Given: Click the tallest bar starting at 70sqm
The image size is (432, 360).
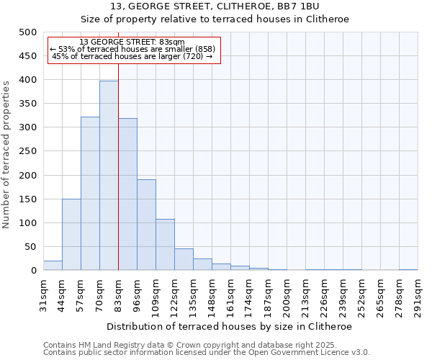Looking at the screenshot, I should [x=109, y=176].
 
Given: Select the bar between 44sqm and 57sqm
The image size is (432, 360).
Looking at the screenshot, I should [x=71, y=235].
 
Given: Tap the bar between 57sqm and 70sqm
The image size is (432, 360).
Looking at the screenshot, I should [x=90, y=194].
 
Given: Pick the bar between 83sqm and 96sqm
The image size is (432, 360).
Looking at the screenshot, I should [x=127, y=194].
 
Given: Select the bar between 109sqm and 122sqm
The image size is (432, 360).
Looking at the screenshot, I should [x=165, y=245].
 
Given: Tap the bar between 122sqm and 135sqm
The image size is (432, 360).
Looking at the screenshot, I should [x=184, y=260].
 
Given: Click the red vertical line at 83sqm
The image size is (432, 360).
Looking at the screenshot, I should [x=118, y=180].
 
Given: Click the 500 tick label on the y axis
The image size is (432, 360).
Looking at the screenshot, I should [x=27, y=32].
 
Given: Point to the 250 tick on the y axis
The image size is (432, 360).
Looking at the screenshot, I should [x=27, y=151].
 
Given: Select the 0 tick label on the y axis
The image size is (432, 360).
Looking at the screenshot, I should [x=33, y=271].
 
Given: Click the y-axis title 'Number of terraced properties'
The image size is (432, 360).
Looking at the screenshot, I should [x=6, y=154].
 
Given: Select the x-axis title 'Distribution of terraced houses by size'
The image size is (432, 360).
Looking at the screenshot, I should [x=229, y=326].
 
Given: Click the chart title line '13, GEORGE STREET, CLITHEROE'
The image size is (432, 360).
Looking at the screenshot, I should [x=230, y=6].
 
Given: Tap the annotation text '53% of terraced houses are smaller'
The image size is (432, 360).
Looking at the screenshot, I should [x=133, y=49].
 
